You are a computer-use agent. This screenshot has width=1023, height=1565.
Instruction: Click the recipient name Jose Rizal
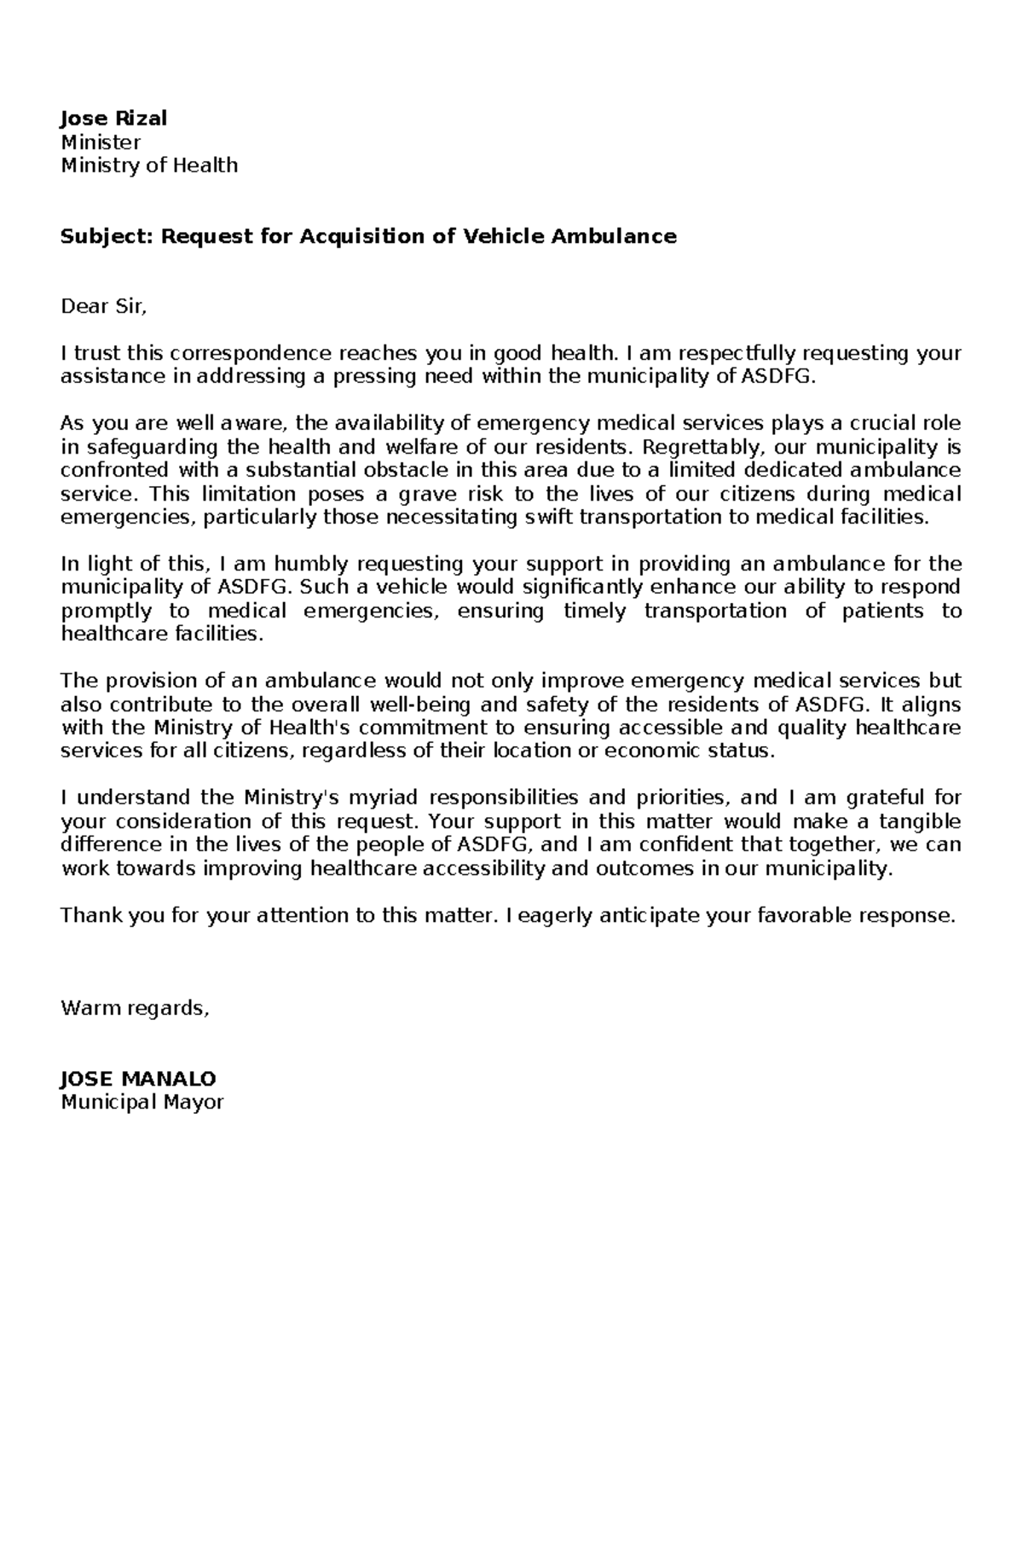tap(113, 119)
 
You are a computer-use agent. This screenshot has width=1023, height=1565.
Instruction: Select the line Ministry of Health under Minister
tap(149, 165)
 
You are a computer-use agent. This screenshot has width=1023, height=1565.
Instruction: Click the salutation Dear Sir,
tap(104, 307)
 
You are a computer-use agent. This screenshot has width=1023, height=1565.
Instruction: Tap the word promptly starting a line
tap(107, 611)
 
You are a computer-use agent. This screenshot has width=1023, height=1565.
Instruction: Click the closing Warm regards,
tap(135, 1009)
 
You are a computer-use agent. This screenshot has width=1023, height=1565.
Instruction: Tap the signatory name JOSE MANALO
tap(138, 1079)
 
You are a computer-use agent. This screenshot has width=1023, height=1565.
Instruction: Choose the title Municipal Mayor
tap(142, 1102)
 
